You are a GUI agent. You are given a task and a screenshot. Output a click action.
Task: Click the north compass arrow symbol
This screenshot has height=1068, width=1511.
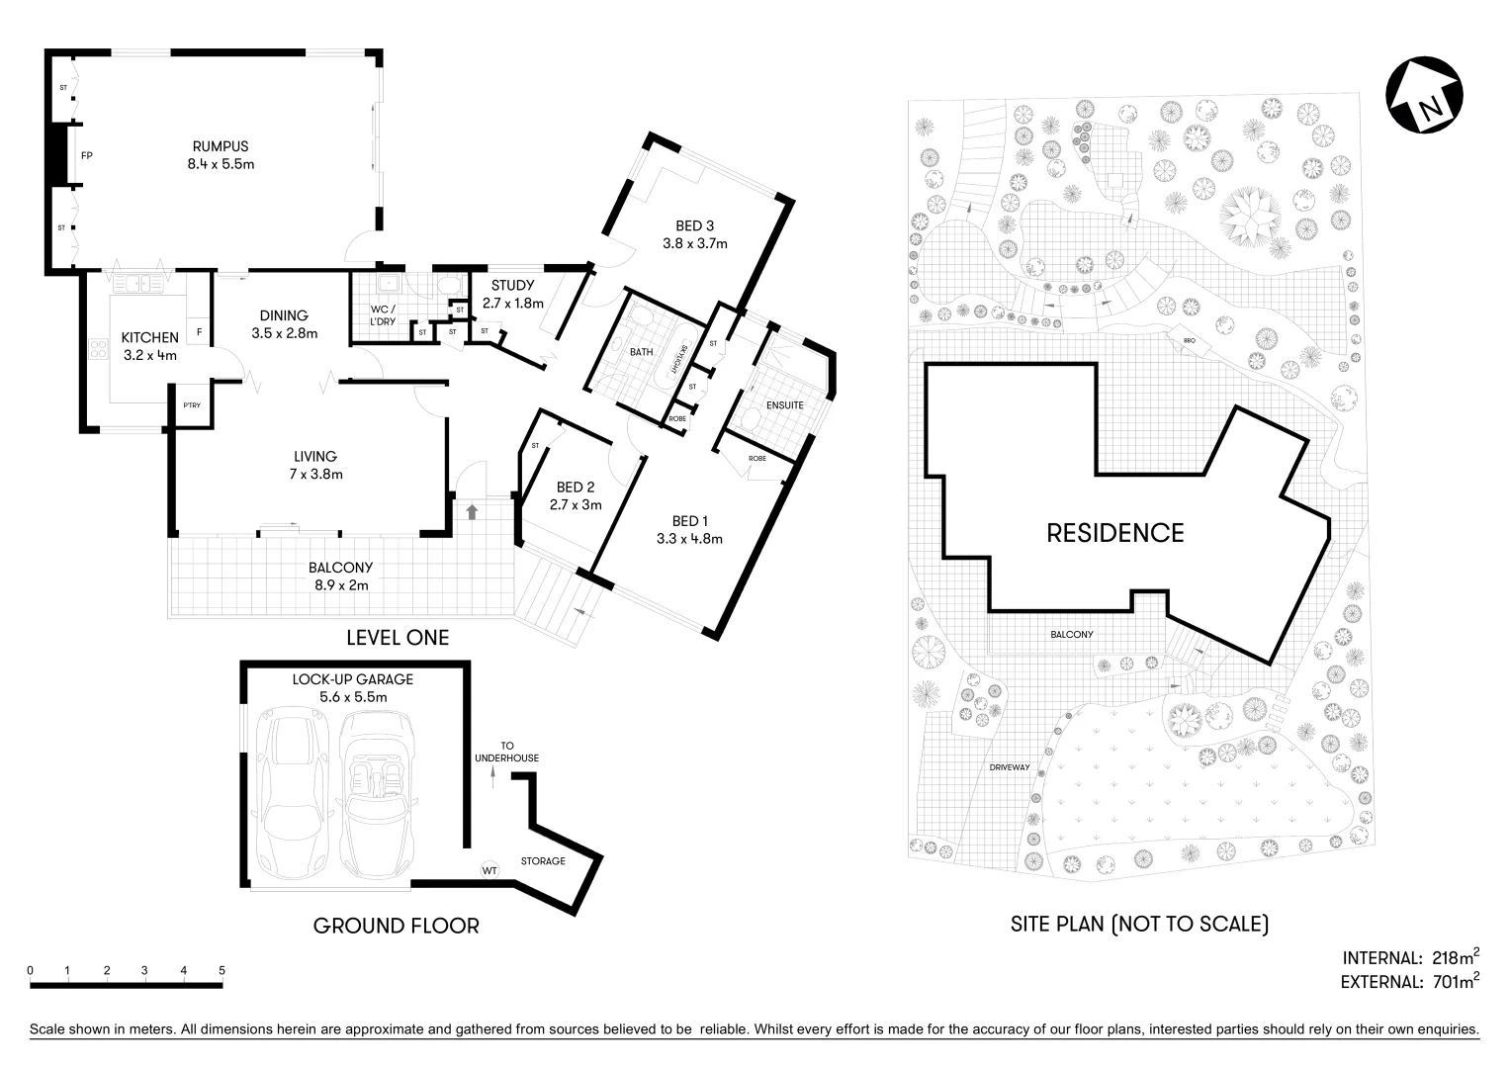click(x=1424, y=98)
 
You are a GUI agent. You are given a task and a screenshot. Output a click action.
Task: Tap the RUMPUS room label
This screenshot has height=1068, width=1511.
click(x=221, y=146)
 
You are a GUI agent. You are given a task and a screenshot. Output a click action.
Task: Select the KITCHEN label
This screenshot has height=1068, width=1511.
click(x=149, y=337)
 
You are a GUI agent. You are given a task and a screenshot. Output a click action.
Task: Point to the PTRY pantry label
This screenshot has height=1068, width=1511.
click(x=192, y=405)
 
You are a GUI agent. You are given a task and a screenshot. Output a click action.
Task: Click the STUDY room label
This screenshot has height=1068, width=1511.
click(x=512, y=286)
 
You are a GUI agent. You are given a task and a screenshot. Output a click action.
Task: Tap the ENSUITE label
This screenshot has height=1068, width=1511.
click(x=784, y=405)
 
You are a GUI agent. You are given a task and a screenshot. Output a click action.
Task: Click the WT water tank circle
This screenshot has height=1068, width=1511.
click(x=489, y=870)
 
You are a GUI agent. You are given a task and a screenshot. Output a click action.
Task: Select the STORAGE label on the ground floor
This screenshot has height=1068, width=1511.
click(x=543, y=861)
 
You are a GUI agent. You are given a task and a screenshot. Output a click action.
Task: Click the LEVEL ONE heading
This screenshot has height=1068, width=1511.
click(x=397, y=638)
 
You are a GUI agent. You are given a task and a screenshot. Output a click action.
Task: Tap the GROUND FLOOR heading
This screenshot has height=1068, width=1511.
click(x=396, y=927)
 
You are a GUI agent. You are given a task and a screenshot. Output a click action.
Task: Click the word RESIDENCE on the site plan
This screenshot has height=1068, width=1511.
click(x=1114, y=534)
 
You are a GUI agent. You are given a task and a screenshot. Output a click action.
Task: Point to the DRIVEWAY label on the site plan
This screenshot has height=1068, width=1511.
click(x=1010, y=767)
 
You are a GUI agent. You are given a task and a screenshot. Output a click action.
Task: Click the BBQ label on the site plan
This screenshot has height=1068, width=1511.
click(x=1189, y=341)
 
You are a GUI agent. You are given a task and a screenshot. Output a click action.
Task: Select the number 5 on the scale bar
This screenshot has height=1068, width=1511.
click(x=222, y=970)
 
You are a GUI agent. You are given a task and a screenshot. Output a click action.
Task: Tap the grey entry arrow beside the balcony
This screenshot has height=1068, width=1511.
click(x=472, y=511)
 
